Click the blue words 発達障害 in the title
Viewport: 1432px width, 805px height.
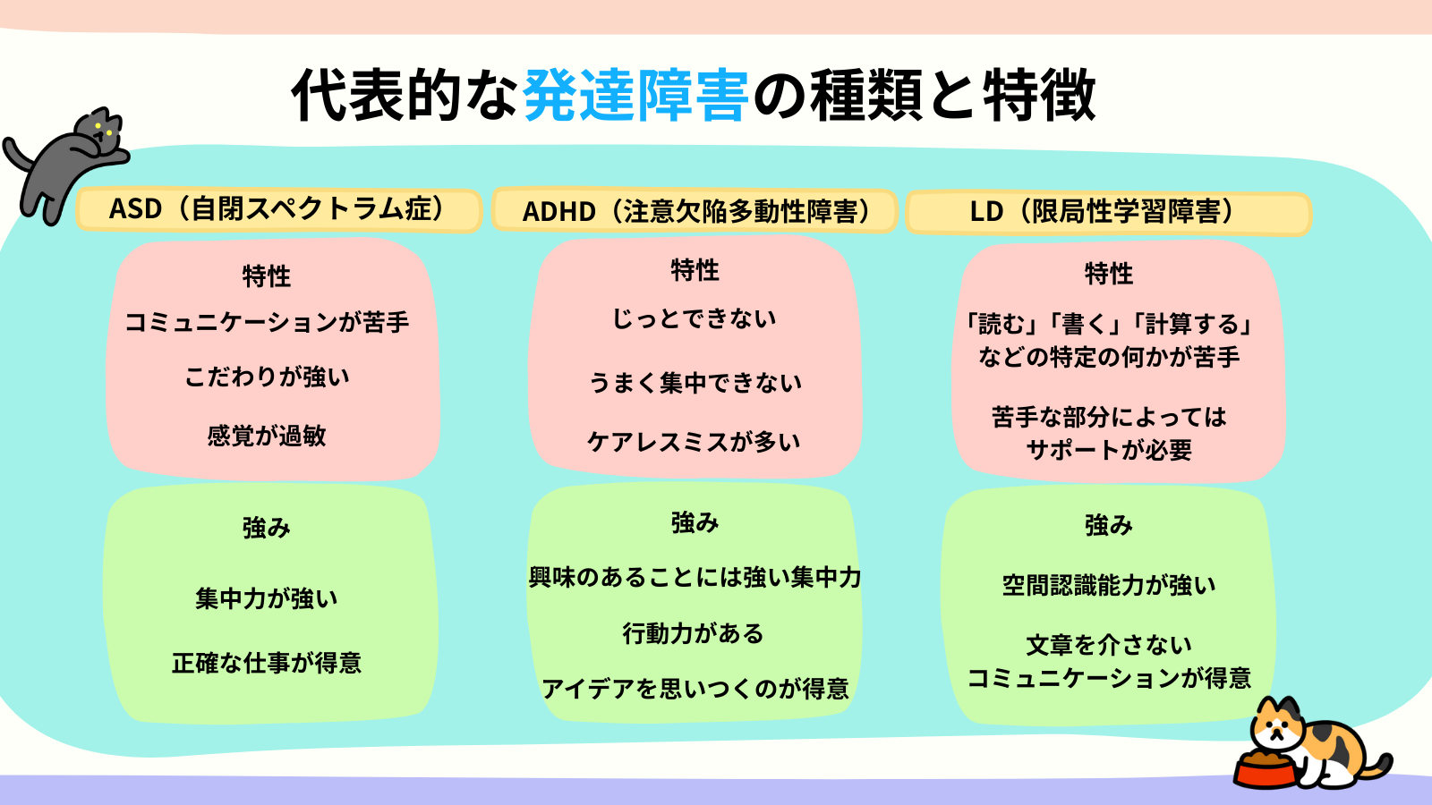click(x=635, y=96)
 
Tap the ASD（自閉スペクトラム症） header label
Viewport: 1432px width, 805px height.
click(x=278, y=209)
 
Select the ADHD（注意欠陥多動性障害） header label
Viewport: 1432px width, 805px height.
click(x=695, y=211)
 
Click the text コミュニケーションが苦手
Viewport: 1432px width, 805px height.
click(x=267, y=321)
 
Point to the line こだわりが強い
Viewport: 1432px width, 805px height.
click(x=267, y=377)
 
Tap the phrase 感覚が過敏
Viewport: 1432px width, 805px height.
click(x=267, y=436)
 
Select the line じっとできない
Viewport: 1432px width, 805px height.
click(x=695, y=318)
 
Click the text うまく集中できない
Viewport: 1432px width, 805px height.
click(x=695, y=382)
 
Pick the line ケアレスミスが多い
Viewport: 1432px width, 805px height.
click(x=695, y=442)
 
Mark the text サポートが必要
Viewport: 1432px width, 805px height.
click(x=1109, y=450)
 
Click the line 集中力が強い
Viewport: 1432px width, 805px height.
click(x=267, y=598)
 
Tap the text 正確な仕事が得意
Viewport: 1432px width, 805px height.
click(x=267, y=663)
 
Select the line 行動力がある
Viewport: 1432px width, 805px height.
click(x=694, y=633)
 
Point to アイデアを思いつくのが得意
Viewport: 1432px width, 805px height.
click(x=695, y=689)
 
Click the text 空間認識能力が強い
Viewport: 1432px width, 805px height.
click(x=1109, y=585)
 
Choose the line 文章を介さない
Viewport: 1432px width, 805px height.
click(x=1109, y=645)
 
